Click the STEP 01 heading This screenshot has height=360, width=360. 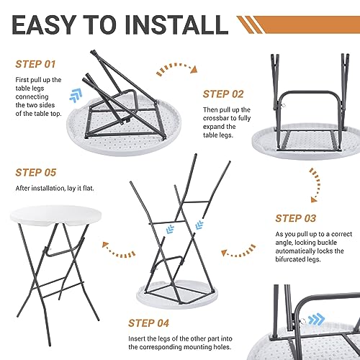point(35,64)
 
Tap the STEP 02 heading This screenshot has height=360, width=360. point(223,94)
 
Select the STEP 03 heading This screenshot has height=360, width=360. point(296,218)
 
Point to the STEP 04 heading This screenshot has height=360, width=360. point(148,323)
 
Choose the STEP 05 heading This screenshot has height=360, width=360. point(36,173)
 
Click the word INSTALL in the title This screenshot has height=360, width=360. point(176,24)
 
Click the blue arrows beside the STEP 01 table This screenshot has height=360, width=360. point(76,95)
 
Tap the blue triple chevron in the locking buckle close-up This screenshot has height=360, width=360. point(316,320)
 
